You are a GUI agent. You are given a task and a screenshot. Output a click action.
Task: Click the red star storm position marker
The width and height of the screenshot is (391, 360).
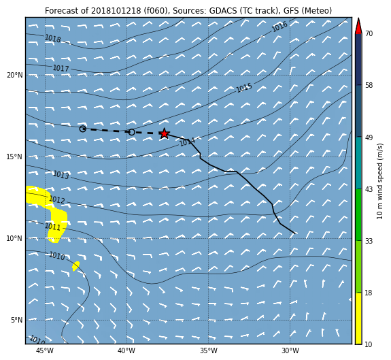pos(164,133)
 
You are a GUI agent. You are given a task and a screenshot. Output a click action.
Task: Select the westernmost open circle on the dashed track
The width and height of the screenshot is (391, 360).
pos(83,129)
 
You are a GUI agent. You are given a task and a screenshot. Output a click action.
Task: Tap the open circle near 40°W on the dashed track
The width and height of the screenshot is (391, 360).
pos(132,132)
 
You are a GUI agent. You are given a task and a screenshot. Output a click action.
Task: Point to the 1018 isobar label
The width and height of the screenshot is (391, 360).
pos(53,39)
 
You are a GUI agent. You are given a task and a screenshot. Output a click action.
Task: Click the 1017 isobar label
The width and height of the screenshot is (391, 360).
pos(61,68)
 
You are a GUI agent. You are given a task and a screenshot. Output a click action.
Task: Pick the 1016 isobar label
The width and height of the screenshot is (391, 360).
pos(279,27)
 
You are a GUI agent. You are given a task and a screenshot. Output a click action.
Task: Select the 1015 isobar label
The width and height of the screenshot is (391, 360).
pos(244,88)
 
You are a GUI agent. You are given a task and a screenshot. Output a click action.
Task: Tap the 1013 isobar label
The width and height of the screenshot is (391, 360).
pos(61,175)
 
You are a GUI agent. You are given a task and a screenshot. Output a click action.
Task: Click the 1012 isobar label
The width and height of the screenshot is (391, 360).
pos(57,200)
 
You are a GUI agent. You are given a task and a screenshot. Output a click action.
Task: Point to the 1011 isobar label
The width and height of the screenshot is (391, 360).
pos(52,227)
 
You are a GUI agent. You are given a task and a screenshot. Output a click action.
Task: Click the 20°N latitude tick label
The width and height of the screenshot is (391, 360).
pos(14,75)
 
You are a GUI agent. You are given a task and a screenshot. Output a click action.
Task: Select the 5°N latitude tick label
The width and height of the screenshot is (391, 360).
pos(16,320)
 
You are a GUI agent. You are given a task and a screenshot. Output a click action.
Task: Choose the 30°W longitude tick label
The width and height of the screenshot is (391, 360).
pos(290,350)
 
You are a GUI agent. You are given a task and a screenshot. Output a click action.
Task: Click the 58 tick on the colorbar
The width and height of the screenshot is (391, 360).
pos(369,85)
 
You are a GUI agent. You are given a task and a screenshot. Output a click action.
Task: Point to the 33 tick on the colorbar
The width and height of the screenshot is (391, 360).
pos(369,241)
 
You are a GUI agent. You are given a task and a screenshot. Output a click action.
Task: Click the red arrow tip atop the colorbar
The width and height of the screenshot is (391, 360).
pos(358,18)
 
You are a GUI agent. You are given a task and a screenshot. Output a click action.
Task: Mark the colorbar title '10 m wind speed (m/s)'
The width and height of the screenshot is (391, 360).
pos(379,181)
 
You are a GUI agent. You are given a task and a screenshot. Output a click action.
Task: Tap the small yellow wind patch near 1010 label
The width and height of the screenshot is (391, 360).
pos(75,266)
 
